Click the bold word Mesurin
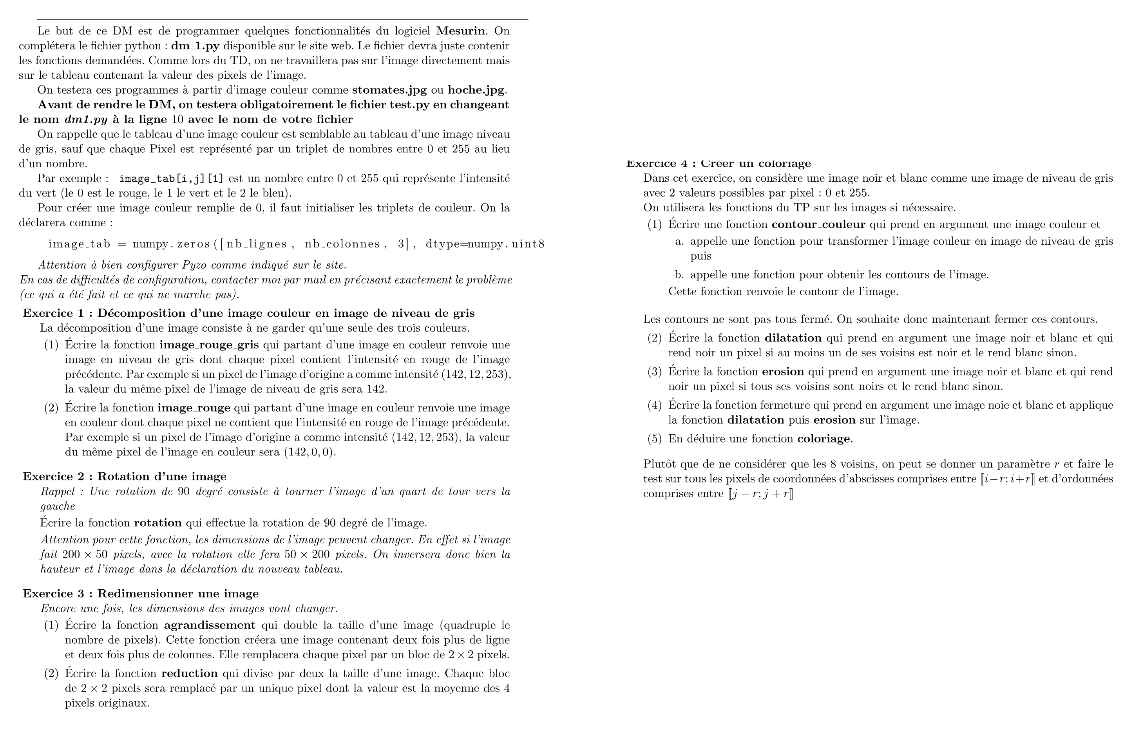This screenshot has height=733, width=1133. [x=461, y=31]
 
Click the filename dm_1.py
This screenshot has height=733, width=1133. [x=195, y=46]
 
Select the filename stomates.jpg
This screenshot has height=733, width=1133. [x=389, y=90]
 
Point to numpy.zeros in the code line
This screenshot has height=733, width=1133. [x=171, y=244]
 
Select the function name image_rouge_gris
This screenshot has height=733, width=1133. [x=209, y=345]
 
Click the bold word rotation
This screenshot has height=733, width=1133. [x=157, y=523]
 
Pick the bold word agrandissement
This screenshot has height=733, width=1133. [x=210, y=625]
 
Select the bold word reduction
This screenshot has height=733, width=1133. [x=190, y=673]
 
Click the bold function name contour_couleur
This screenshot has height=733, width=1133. [x=818, y=224]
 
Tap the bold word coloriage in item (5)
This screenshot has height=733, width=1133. [x=823, y=439]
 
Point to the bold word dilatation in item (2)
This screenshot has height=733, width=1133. [x=793, y=338]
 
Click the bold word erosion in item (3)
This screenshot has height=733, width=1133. [x=783, y=372]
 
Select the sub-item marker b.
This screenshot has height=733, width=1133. [x=679, y=275]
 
